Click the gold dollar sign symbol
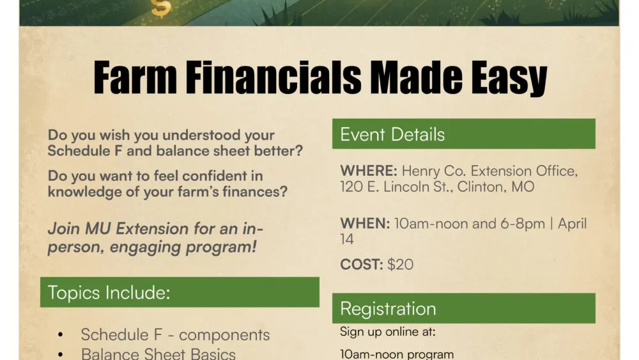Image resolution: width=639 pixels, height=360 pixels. click(x=161, y=8)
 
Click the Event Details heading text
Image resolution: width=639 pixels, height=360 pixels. click(x=392, y=134)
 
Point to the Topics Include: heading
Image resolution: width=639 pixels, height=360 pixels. click(x=109, y=293)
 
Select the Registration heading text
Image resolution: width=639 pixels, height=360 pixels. click(x=388, y=309)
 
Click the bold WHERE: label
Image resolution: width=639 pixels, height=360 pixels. click(x=369, y=171)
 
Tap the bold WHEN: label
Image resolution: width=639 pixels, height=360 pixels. click(x=365, y=224)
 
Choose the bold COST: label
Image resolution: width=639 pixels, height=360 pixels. click(x=361, y=264)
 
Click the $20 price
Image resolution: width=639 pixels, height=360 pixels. click(x=400, y=264)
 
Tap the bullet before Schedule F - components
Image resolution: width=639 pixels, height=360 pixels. click(x=61, y=335)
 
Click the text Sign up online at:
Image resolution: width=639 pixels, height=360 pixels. click(x=388, y=332)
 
